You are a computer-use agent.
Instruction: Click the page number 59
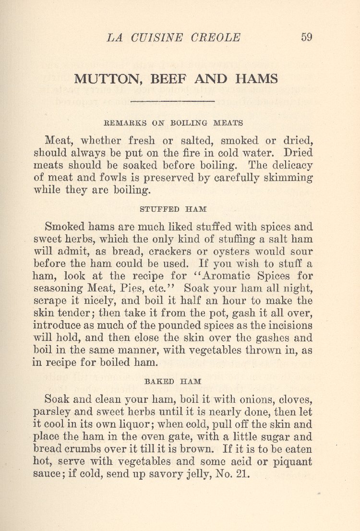(306, 37)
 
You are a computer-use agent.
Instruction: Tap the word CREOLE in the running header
(216, 37)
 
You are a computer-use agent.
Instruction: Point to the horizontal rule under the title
(172, 101)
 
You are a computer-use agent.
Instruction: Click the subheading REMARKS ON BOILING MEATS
(173, 123)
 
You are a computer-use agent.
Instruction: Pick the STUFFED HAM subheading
(173, 209)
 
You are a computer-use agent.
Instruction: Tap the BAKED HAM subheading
(173, 382)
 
